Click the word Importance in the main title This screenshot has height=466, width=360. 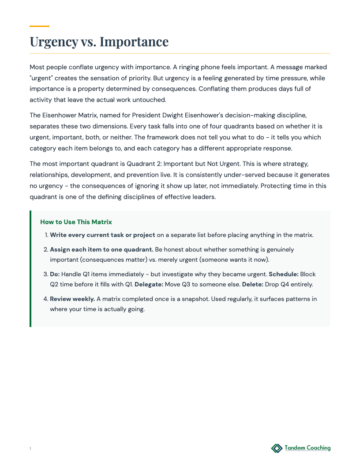tap(134, 41)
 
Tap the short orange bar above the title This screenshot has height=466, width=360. tap(39, 26)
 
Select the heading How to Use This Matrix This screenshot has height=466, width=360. tap(76, 222)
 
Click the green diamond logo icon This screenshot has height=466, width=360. tap(277, 448)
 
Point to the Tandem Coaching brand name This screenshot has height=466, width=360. tap(307, 448)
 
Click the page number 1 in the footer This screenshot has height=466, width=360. tap(30, 449)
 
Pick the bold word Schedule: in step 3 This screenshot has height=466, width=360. tap(283, 274)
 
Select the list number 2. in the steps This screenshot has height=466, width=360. tap(45, 249)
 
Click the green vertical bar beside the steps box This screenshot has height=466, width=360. tap(30, 269)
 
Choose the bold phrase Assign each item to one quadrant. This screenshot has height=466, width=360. tap(101, 249)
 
